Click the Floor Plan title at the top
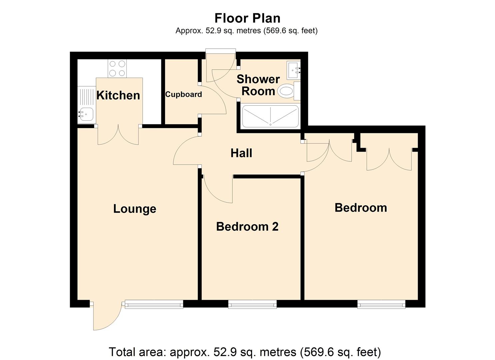coord(247,18)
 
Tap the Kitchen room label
coord(118,95)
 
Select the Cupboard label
coord(183,94)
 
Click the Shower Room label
coord(258,85)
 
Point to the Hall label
coord(241,153)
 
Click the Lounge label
coord(135,209)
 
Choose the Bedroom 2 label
coord(247,227)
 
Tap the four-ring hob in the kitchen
coord(117,68)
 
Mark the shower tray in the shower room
coord(270,116)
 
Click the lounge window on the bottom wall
coord(154,304)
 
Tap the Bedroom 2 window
coord(252,304)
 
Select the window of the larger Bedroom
coord(381,304)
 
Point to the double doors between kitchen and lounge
coord(118,135)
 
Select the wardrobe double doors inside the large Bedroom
coord(389,159)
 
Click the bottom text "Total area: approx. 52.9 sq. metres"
coord(245,352)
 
